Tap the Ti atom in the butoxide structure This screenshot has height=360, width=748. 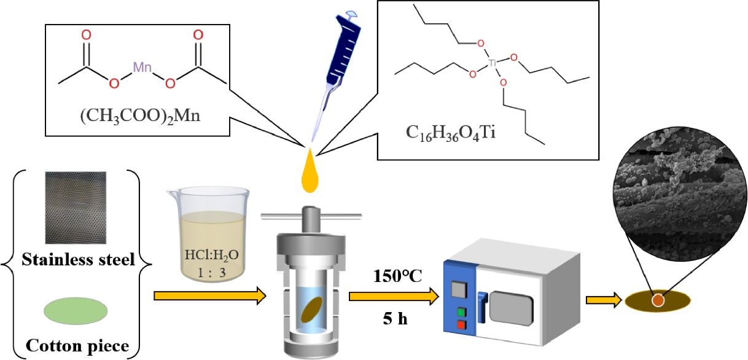click(492, 62)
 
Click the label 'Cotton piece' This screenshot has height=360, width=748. click(77, 346)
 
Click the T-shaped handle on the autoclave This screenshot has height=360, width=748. click(310, 216)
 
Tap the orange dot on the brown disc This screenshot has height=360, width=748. click(657, 300)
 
